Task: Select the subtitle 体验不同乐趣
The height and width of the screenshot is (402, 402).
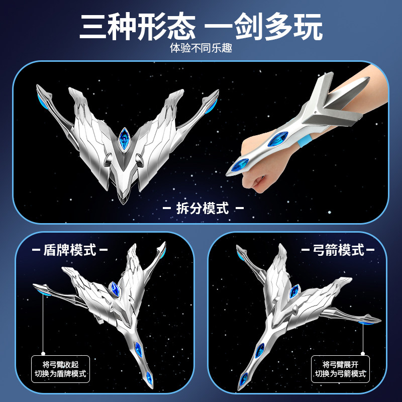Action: (201, 50)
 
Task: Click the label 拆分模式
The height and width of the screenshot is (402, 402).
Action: (203, 208)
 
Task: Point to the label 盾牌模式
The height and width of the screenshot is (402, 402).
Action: (71, 250)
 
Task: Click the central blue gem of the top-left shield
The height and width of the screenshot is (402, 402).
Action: (124, 137)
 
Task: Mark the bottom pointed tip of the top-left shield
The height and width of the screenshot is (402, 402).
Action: (123, 201)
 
